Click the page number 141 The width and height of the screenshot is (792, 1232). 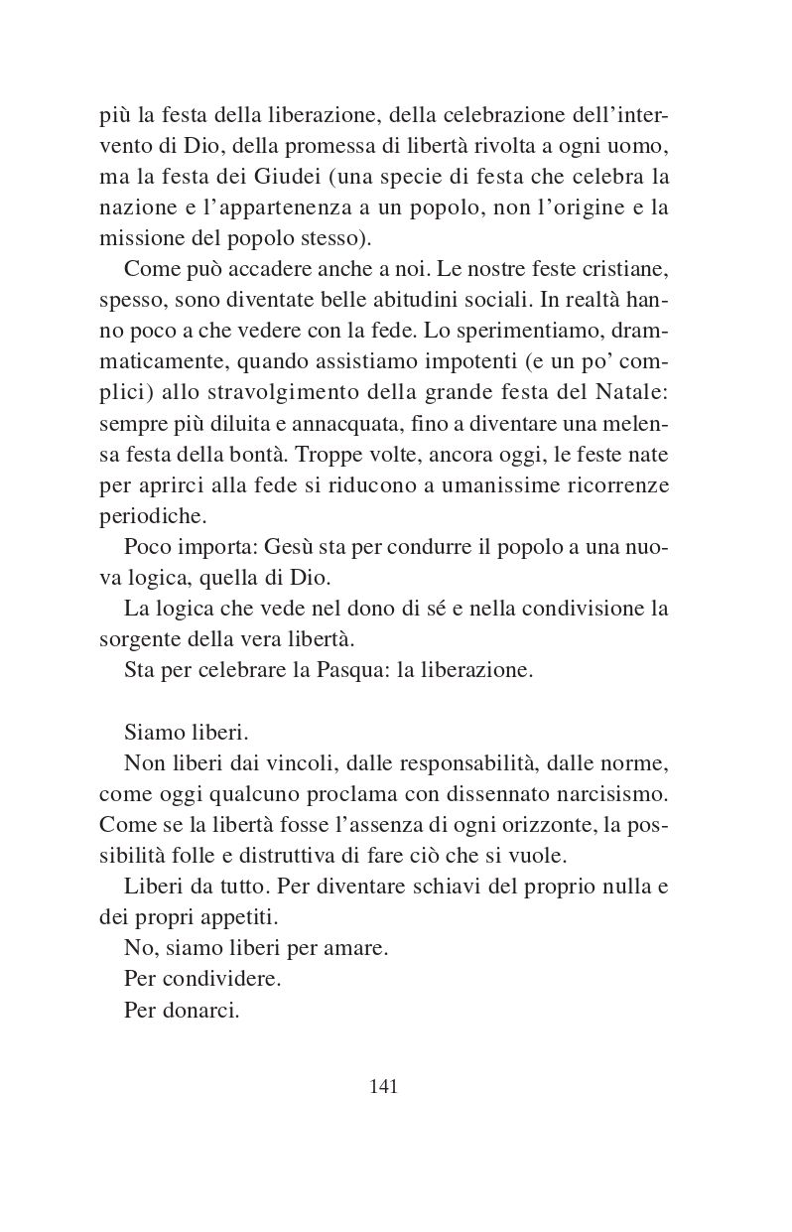click(x=383, y=1086)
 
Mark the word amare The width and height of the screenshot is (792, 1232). click(x=356, y=948)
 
